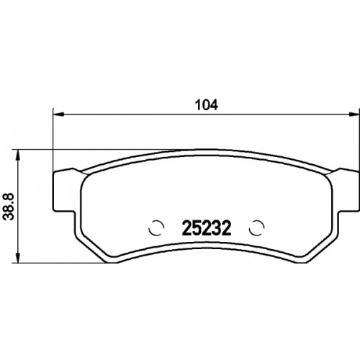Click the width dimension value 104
207,105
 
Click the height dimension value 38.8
9,207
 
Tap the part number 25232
207,228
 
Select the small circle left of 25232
156,228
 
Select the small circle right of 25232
257,228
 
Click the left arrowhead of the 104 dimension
58,114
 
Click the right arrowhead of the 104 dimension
354,114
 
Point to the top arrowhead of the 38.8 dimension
17,156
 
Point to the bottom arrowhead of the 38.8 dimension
17,257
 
